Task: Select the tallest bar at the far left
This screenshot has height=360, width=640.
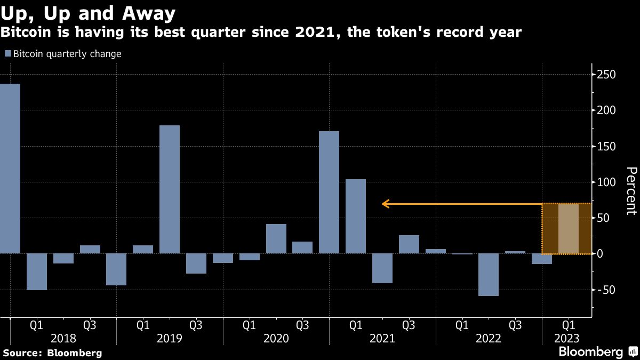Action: click(10, 168)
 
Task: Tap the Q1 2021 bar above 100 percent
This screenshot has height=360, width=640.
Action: click(356, 216)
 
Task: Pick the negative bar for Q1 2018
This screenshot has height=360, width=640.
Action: click(37, 271)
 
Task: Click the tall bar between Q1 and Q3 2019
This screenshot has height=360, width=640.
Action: click(170, 189)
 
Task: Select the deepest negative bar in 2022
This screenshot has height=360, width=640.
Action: click(489, 275)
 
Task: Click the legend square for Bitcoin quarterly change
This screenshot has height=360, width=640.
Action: click(7, 54)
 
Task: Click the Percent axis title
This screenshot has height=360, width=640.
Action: click(631, 190)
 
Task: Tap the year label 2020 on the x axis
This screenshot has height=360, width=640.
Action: click(276, 339)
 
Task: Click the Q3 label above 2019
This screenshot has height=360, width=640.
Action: click(196, 324)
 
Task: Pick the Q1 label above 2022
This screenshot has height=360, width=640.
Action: click(462, 324)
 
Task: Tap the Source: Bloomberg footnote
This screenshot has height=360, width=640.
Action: click(52, 353)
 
